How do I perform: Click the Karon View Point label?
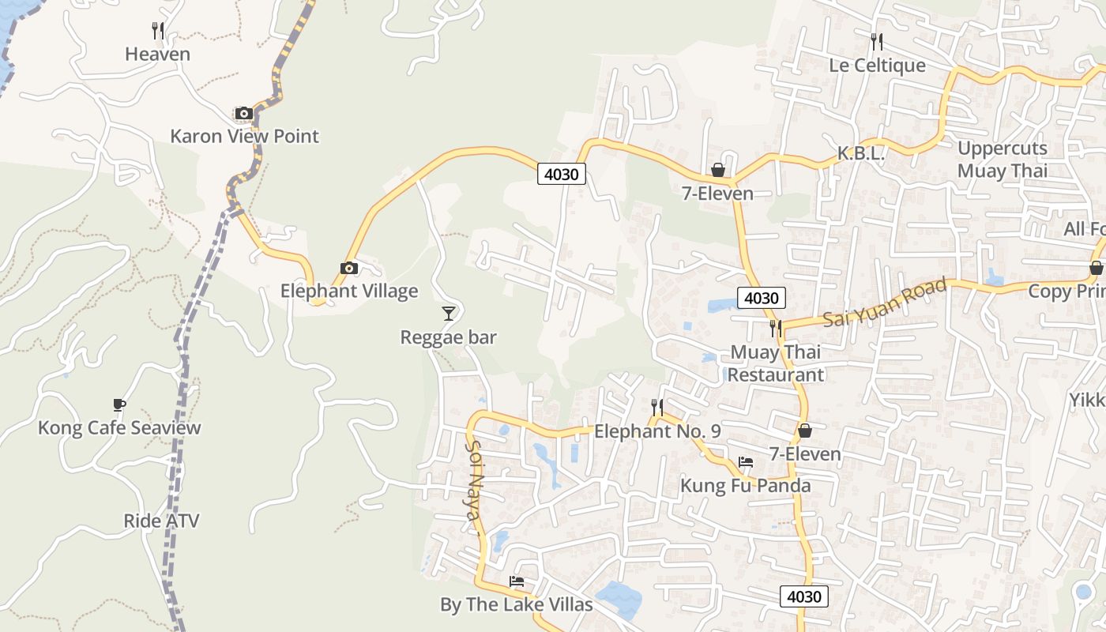(x=244, y=136)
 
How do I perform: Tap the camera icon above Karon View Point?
(x=243, y=113)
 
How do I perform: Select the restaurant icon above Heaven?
(x=158, y=31)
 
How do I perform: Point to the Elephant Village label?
(x=349, y=291)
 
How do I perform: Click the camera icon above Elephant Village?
(x=348, y=268)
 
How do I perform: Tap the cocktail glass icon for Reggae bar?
(x=449, y=314)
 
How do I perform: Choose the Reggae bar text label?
(x=449, y=337)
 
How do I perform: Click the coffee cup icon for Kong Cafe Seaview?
(x=119, y=405)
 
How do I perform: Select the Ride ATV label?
(x=161, y=521)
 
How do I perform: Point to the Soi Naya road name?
(x=474, y=481)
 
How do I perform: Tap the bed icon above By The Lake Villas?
(x=517, y=581)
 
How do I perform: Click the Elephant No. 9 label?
(x=657, y=431)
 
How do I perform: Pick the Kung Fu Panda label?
(x=746, y=485)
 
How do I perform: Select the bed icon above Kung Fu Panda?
(x=746, y=461)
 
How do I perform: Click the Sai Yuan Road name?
(x=884, y=303)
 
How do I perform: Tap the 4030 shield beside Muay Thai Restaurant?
(x=762, y=298)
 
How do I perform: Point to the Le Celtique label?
(x=877, y=65)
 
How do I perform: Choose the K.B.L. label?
(x=861, y=154)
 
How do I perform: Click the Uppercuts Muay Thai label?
(x=1003, y=160)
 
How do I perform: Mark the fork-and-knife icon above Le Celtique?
(x=877, y=41)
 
